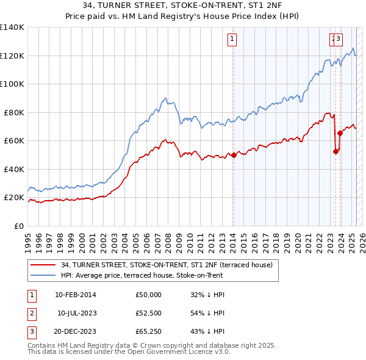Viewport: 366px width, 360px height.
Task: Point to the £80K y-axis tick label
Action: tap(14, 112)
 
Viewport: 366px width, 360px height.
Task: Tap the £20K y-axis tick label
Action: tap(14, 198)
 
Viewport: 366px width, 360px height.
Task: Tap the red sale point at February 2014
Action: tap(233, 155)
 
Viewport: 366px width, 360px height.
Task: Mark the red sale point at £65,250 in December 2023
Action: tap(340, 134)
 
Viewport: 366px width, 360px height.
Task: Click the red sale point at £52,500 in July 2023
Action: tap(335, 151)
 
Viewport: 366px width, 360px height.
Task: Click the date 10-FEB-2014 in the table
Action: tap(75, 295)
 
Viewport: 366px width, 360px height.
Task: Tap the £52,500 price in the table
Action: tap(148, 314)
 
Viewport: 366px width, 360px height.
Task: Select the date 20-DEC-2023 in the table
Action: tap(75, 333)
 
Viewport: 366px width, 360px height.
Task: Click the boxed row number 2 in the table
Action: tap(31, 314)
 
